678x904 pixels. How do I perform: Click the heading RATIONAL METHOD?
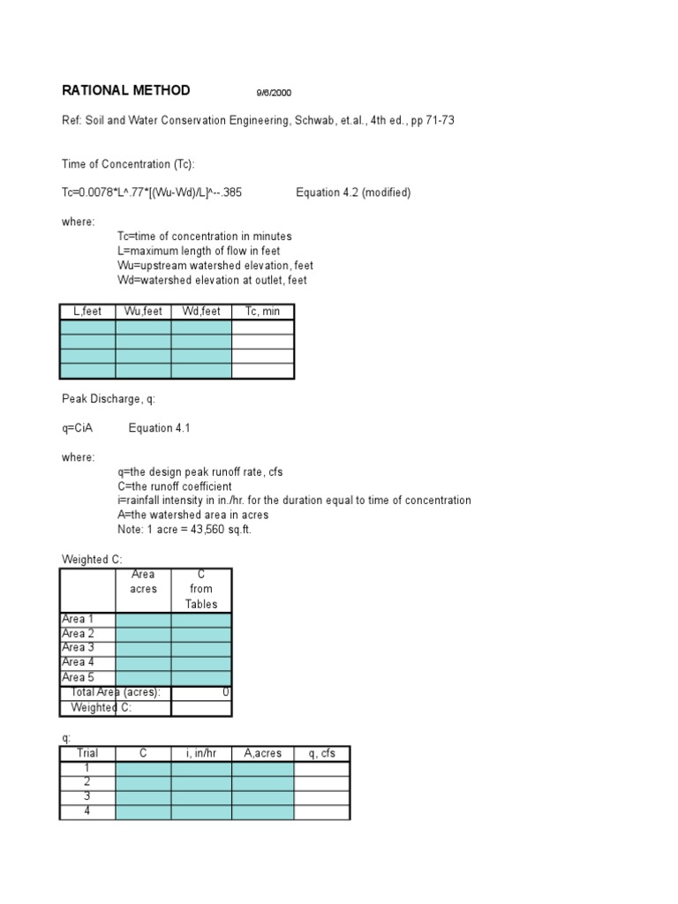pos(125,91)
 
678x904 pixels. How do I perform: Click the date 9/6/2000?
pos(274,93)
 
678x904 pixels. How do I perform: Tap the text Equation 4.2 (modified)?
pos(353,192)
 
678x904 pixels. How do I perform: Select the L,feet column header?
pos(87,312)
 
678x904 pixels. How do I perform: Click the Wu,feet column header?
pos(143,312)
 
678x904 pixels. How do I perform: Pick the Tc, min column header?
pos(263,312)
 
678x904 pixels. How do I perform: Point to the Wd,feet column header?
pos(201,312)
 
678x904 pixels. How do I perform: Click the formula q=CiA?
pos(77,428)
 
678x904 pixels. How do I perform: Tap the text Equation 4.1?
pos(159,428)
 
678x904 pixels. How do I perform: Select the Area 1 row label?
pos(78,620)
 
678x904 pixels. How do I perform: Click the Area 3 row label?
pos(78,648)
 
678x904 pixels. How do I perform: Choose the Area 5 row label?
pos(78,677)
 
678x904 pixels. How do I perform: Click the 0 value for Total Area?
pos(226,692)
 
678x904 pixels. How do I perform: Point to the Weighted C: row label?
pos(102,707)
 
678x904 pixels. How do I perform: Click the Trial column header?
pos(87,753)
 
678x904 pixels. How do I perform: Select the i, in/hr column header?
pos(201,753)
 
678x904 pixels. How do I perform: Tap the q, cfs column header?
pos(321,753)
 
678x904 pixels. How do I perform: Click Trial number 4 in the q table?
pos(87,810)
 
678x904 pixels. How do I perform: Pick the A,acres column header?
pos(263,753)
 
